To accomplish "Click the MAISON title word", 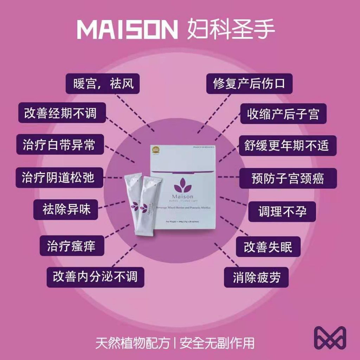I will [128, 30].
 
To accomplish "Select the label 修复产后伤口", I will [249, 83].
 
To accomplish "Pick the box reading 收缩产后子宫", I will [283, 114].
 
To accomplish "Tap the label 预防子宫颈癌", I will [288, 178].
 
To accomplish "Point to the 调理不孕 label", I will [282, 211].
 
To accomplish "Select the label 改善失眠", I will [268, 246].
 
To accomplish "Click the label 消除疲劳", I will [257, 277].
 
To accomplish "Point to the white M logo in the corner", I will [330, 338].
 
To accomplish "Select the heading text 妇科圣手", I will [231, 30].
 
